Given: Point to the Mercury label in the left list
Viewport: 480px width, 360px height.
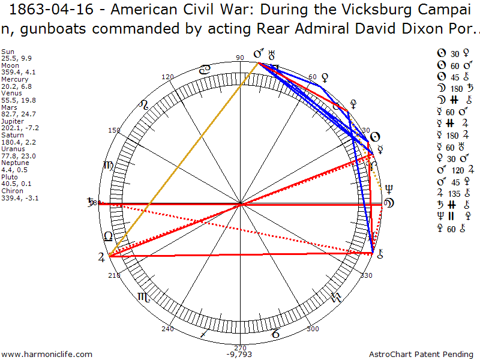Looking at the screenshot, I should (15, 79).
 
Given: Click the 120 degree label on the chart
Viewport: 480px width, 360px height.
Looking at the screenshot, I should (167, 77).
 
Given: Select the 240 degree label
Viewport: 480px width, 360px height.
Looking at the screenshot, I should (167, 329).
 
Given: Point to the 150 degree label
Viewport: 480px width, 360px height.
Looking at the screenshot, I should (115, 130).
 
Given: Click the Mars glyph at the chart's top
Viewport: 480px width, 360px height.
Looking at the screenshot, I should (259, 55).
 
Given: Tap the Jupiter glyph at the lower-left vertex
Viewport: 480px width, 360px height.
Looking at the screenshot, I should (101, 257).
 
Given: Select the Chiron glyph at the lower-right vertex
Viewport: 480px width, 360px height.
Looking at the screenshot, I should (380, 254).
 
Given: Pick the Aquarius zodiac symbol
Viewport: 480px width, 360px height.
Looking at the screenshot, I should (335, 296).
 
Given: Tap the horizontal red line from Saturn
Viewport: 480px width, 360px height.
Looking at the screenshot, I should (240, 205).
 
